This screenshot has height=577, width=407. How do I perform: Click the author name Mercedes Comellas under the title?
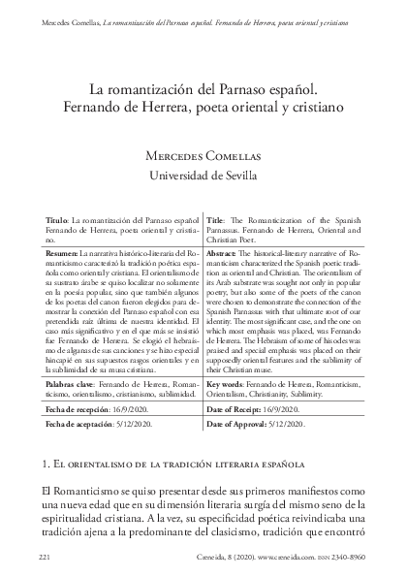click(202, 155)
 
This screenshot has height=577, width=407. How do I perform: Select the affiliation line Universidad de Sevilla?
click(202, 175)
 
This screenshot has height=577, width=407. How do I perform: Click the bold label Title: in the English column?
click(217, 222)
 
